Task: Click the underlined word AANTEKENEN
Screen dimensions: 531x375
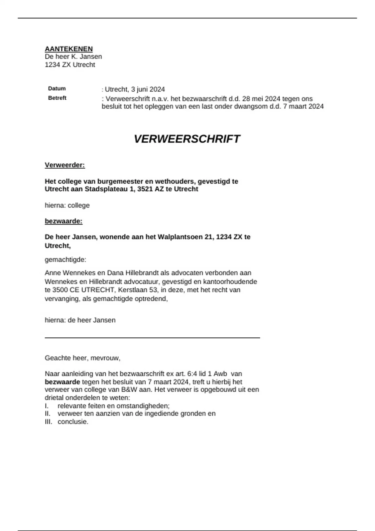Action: point(69,49)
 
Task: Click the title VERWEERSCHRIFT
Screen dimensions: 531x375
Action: point(187,139)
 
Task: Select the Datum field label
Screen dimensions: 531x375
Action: point(57,88)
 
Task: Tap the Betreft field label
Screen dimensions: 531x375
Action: point(57,98)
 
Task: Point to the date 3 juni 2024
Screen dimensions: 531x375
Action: point(148,89)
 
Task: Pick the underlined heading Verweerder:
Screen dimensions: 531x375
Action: point(65,165)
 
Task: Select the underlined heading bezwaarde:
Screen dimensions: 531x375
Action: point(63,221)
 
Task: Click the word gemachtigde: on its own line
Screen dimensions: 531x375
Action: point(65,260)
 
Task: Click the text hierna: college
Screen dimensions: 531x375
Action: point(67,205)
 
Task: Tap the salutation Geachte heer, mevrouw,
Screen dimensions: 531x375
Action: point(82,358)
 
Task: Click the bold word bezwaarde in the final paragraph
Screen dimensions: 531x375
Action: point(62,382)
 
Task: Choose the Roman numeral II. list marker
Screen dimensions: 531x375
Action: point(47,414)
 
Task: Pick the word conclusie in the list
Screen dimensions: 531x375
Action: point(72,422)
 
